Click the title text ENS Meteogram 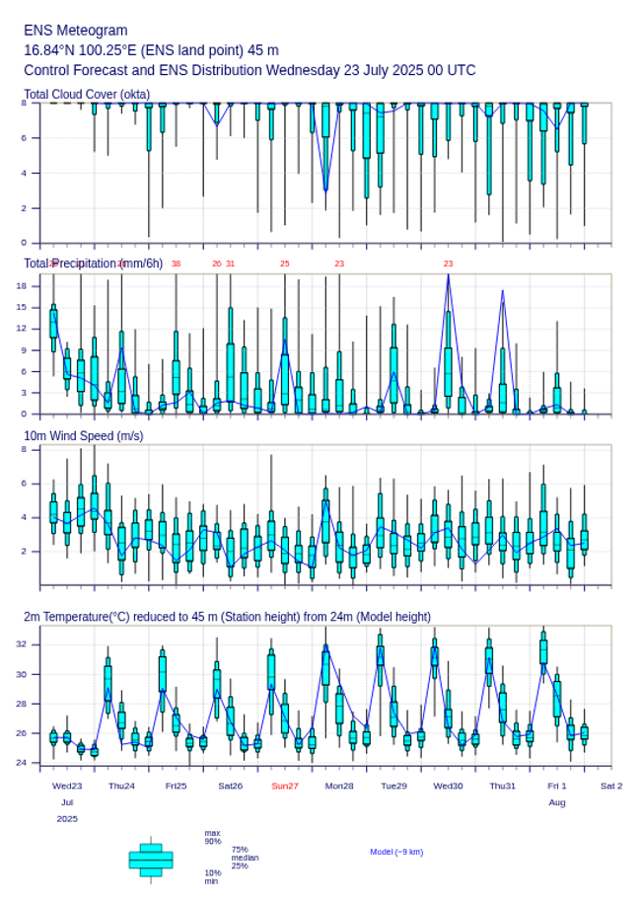tap(75, 31)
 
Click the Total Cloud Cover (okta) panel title tap(87, 95)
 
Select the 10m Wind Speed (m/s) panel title tap(83, 436)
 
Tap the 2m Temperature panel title tap(227, 617)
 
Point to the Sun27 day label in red tap(285, 786)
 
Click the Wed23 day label tap(67, 786)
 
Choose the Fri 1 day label tap(557, 786)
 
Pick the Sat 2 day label tap(611, 786)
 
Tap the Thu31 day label tap(503, 786)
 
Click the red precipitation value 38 tap(176, 264)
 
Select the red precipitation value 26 tap(217, 264)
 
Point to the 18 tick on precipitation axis tap(21, 286)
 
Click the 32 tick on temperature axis tap(21, 644)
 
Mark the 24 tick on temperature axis tap(21, 763)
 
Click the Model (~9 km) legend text tap(396, 852)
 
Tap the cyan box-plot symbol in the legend tap(151, 860)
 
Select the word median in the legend tap(245, 858)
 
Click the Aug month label tap(557, 802)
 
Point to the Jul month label tap(67, 802)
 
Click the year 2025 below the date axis tap(67, 819)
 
